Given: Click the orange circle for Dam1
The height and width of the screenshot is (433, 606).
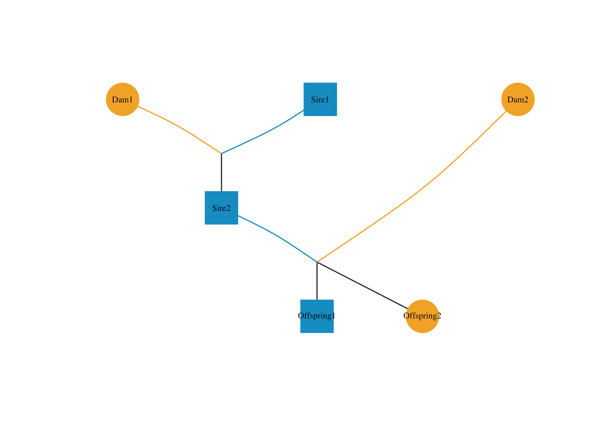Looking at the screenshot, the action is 123,99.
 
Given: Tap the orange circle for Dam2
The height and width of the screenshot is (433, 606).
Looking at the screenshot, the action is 518,99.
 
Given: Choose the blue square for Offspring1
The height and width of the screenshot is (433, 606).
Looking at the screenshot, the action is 317,316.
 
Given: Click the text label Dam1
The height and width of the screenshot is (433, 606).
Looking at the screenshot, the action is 122,100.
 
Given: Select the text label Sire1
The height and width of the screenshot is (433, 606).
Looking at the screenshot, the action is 320,100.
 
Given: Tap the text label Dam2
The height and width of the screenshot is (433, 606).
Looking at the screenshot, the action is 518,100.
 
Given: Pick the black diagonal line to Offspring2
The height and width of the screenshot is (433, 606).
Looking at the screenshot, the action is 362,285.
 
